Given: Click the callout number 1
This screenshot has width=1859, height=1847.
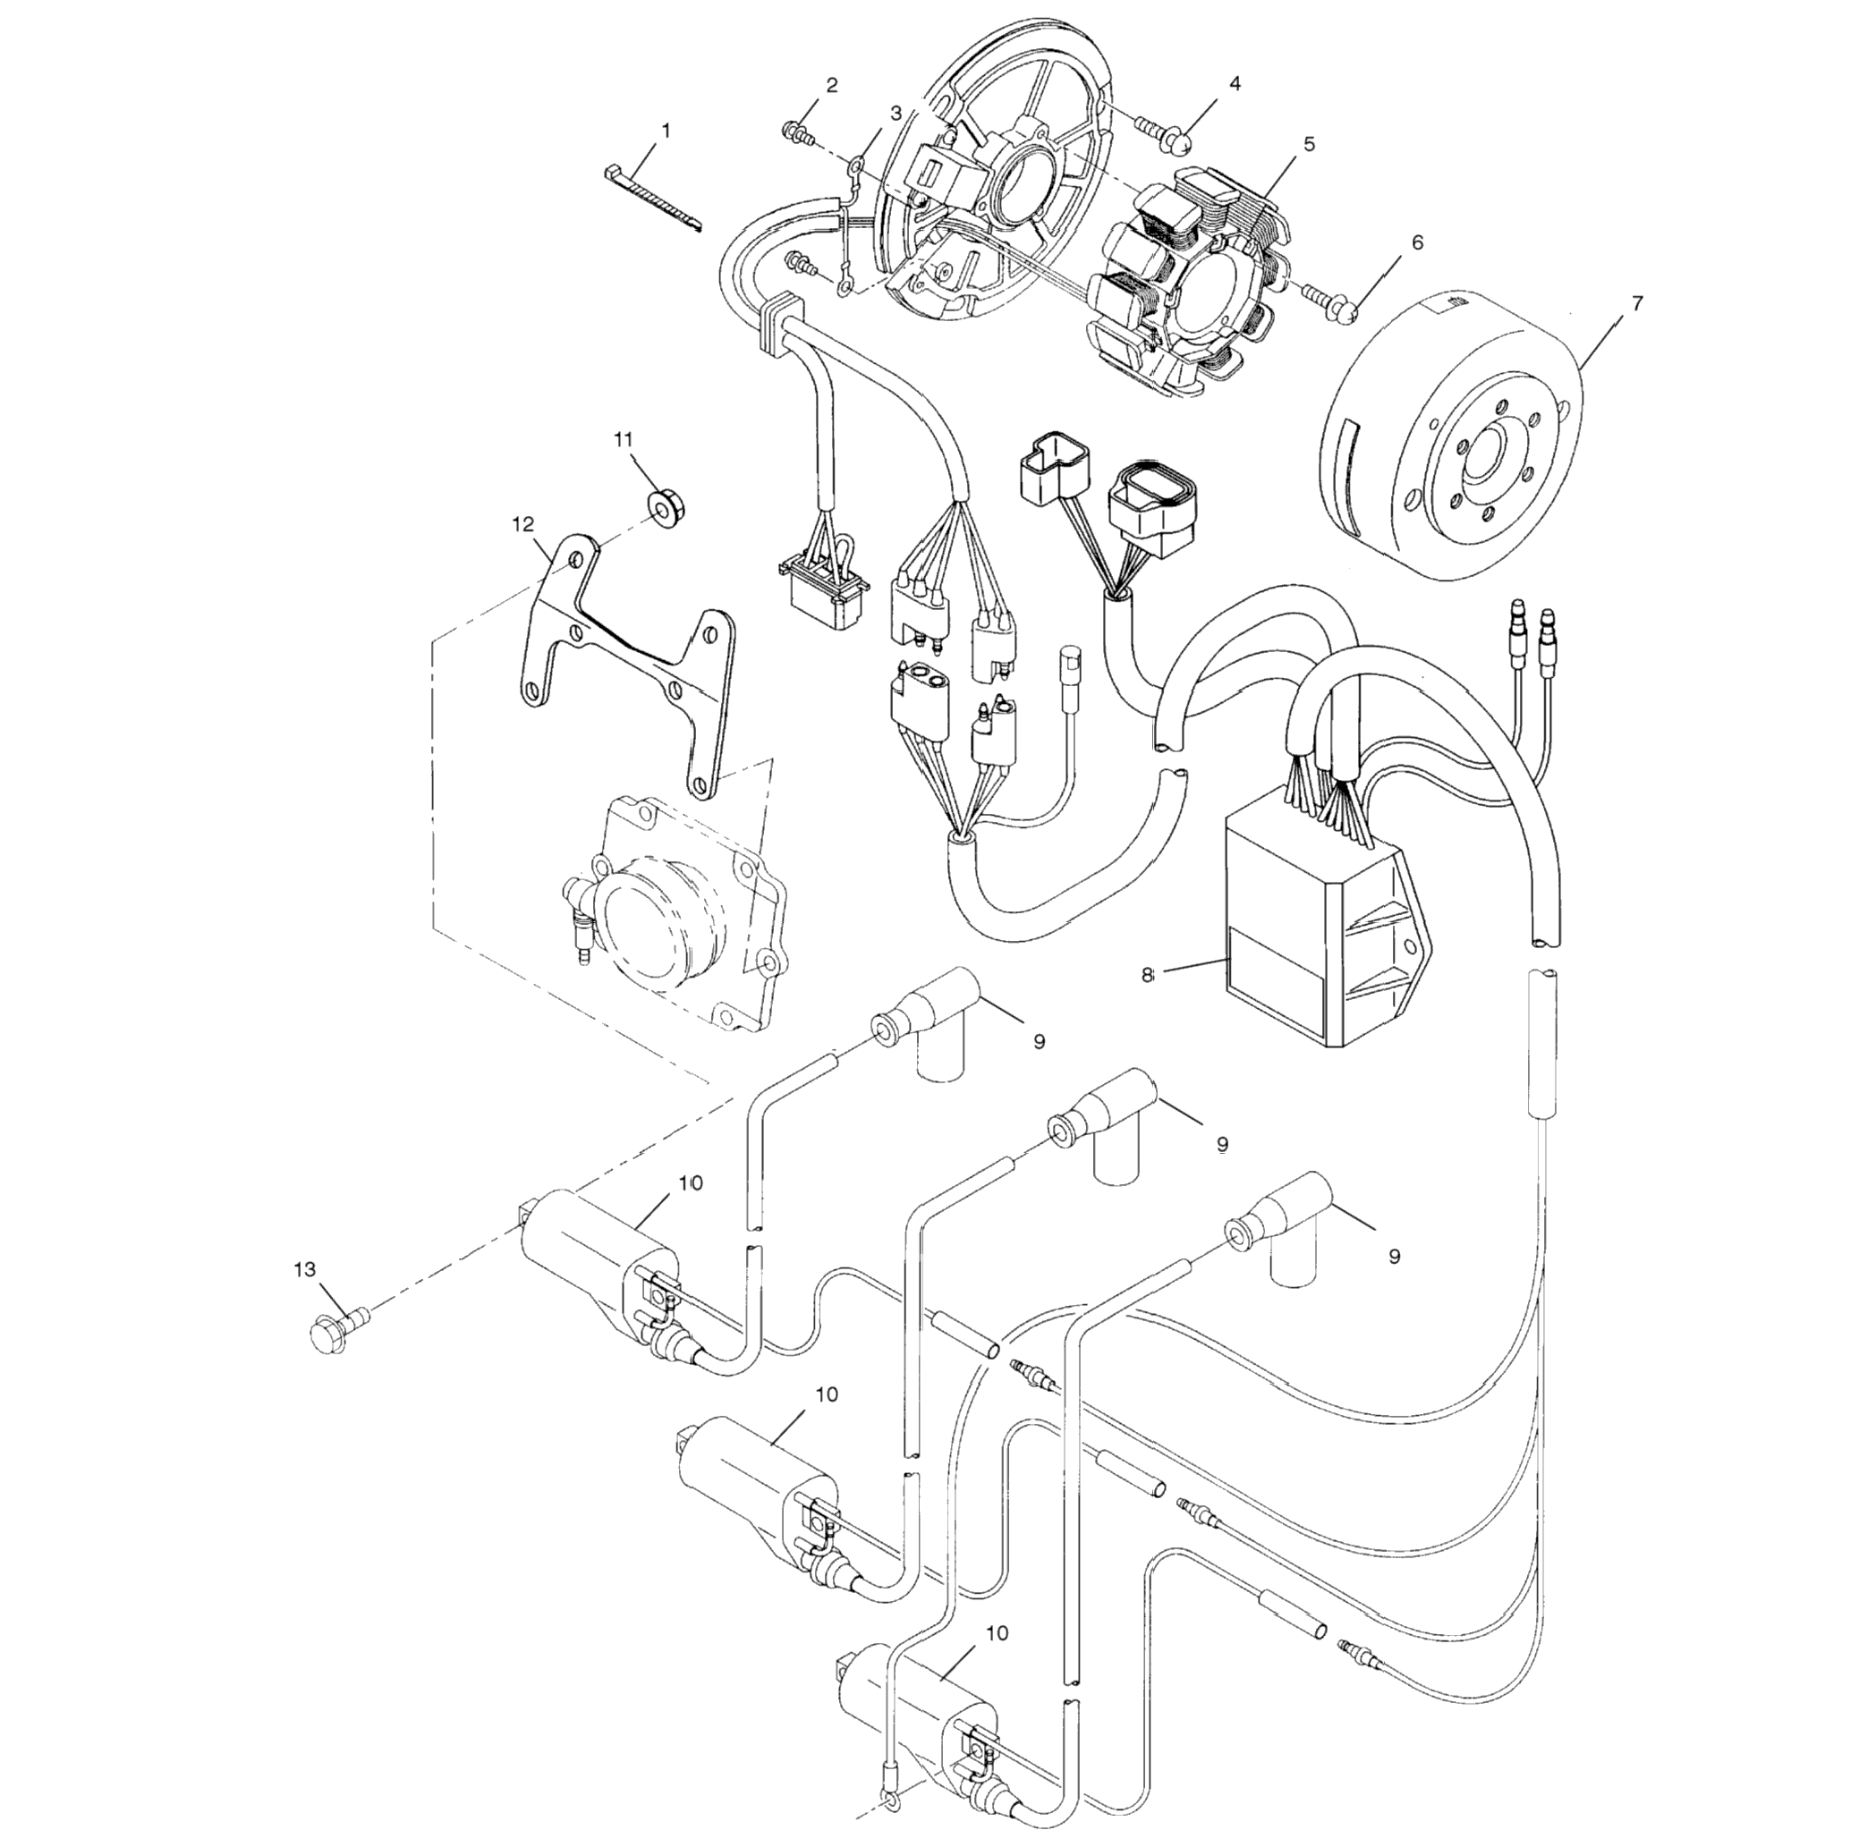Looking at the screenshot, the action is pyautogui.click(x=665, y=128).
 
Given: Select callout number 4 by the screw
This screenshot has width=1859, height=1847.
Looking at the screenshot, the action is pyautogui.click(x=1234, y=84).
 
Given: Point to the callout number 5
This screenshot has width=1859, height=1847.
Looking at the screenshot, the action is pyautogui.click(x=1309, y=143).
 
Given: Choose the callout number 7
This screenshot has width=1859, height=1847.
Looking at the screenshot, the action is pyautogui.click(x=1637, y=302).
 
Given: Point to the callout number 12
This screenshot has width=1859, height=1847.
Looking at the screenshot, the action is pyautogui.click(x=522, y=524).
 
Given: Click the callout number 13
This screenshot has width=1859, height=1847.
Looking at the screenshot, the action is pyautogui.click(x=304, y=1270).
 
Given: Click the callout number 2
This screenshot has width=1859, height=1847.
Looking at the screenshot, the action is pyautogui.click(x=831, y=85).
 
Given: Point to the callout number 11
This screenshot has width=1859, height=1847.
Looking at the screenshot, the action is pyautogui.click(x=624, y=437).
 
